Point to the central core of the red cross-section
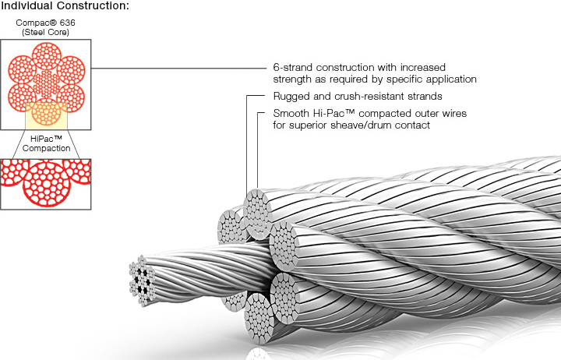click(47, 84)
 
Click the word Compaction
click(46, 148)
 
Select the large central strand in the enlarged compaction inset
click(46, 185)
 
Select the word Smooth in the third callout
click(291, 113)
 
